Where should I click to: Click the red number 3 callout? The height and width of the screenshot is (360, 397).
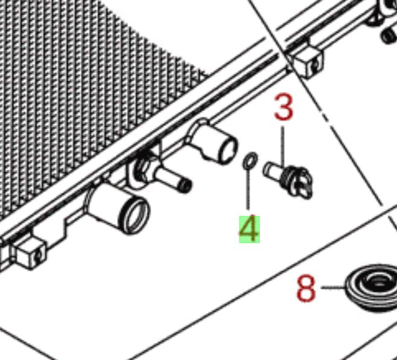coord(284,106)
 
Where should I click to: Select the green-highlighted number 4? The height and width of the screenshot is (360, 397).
coord(249,229)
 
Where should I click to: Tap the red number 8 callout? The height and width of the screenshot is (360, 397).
coord(306,289)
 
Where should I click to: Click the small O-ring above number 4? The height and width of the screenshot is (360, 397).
coord(250,161)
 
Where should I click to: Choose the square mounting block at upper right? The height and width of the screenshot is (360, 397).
coord(307,62)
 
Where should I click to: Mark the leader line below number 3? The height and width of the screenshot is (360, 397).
coord(282,147)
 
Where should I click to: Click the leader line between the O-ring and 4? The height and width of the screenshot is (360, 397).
coord(248,189)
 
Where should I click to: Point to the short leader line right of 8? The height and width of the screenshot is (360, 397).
coord(333,288)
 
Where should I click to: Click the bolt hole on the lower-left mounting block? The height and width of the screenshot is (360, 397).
coord(38,257)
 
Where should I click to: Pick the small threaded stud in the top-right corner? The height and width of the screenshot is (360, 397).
coord(389,36)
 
